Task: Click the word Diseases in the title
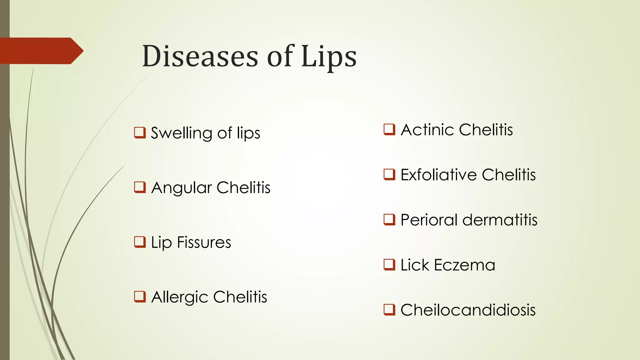200,56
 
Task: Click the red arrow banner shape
41,51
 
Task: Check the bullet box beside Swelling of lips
140,132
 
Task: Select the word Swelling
182,133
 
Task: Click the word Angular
182,188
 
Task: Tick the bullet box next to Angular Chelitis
140,187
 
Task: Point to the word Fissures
204,242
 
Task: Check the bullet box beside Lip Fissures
140,242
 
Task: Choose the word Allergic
180,297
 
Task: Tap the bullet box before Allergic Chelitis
140,297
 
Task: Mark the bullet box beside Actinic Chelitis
389,129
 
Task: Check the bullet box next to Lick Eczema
389,265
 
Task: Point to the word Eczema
465,265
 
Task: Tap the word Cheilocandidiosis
468,310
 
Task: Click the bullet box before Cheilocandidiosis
389,310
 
